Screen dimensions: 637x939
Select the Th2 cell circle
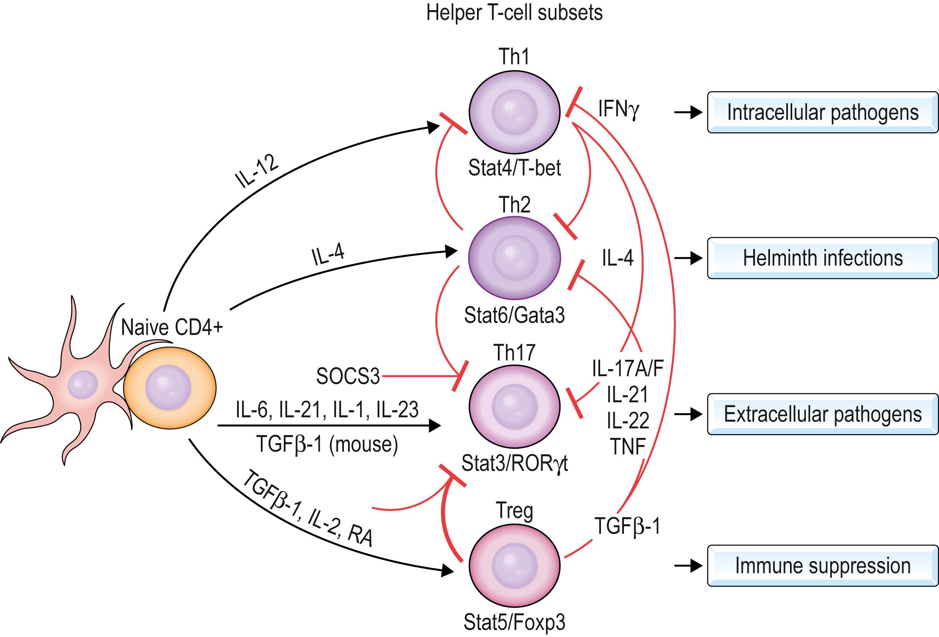(x=514, y=258)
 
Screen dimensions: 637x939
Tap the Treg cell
(x=514, y=566)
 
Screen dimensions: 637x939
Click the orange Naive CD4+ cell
(x=169, y=388)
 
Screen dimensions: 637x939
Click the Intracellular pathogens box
(x=822, y=112)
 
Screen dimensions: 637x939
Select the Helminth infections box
(x=822, y=258)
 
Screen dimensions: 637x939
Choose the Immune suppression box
(x=822, y=566)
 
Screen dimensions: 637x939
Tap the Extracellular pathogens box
(x=822, y=414)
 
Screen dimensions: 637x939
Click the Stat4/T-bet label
(x=514, y=168)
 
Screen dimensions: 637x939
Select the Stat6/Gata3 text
(x=514, y=316)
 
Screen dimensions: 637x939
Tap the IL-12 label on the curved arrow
(x=256, y=172)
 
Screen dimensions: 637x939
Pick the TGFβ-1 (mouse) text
(x=327, y=445)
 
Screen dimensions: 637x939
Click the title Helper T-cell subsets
(x=514, y=13)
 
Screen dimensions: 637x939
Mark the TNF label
(x=628, y=447)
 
